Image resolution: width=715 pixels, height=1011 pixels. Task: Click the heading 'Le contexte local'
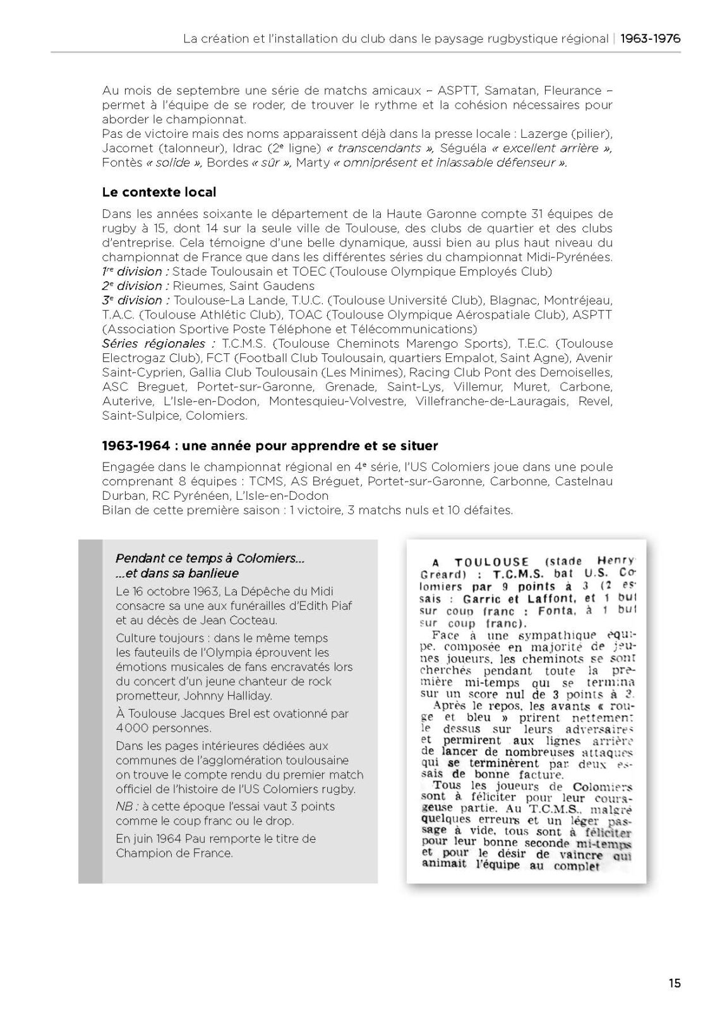(159, 192)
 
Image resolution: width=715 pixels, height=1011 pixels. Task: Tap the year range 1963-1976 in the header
(650, 39)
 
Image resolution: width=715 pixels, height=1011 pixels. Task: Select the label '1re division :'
(135, 272)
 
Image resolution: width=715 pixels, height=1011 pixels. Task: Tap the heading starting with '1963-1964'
(270, 445)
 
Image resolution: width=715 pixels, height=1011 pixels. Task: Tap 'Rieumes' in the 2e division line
(195, 286)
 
